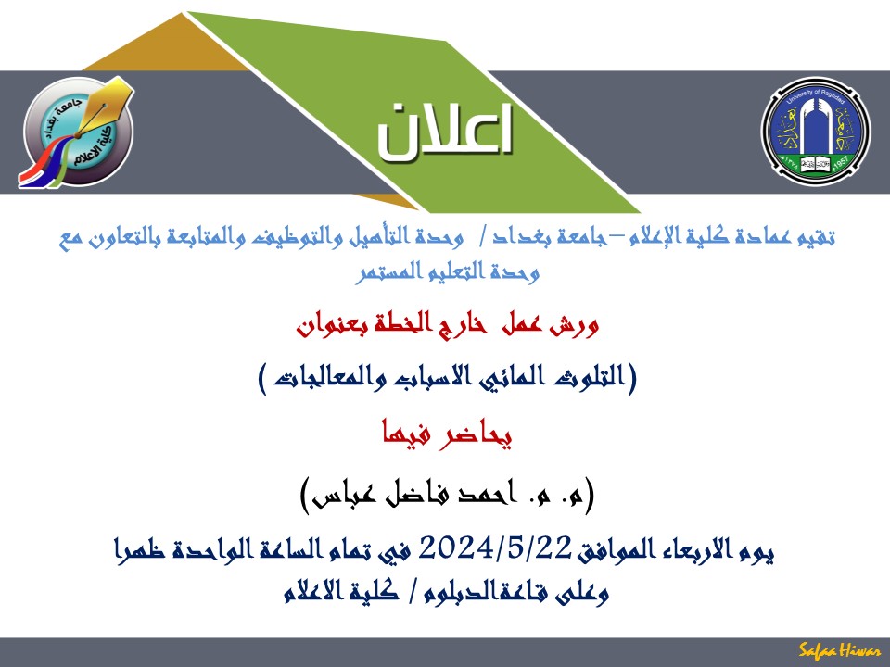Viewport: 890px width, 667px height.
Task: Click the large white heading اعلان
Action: (x=446, y=131)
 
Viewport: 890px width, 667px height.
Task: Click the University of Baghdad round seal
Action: (x=815, y=131)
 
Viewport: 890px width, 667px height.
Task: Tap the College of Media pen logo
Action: (x=78, y=132)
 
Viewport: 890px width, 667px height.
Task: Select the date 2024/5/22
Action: (x=494, y=548)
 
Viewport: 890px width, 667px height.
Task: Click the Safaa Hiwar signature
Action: (x=840, y=650)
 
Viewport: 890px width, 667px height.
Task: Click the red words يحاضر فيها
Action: (x=447, y=435)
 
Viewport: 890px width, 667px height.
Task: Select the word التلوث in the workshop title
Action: (x=595, y=378)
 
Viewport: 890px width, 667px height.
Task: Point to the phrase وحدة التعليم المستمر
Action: (x=447, y=272)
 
